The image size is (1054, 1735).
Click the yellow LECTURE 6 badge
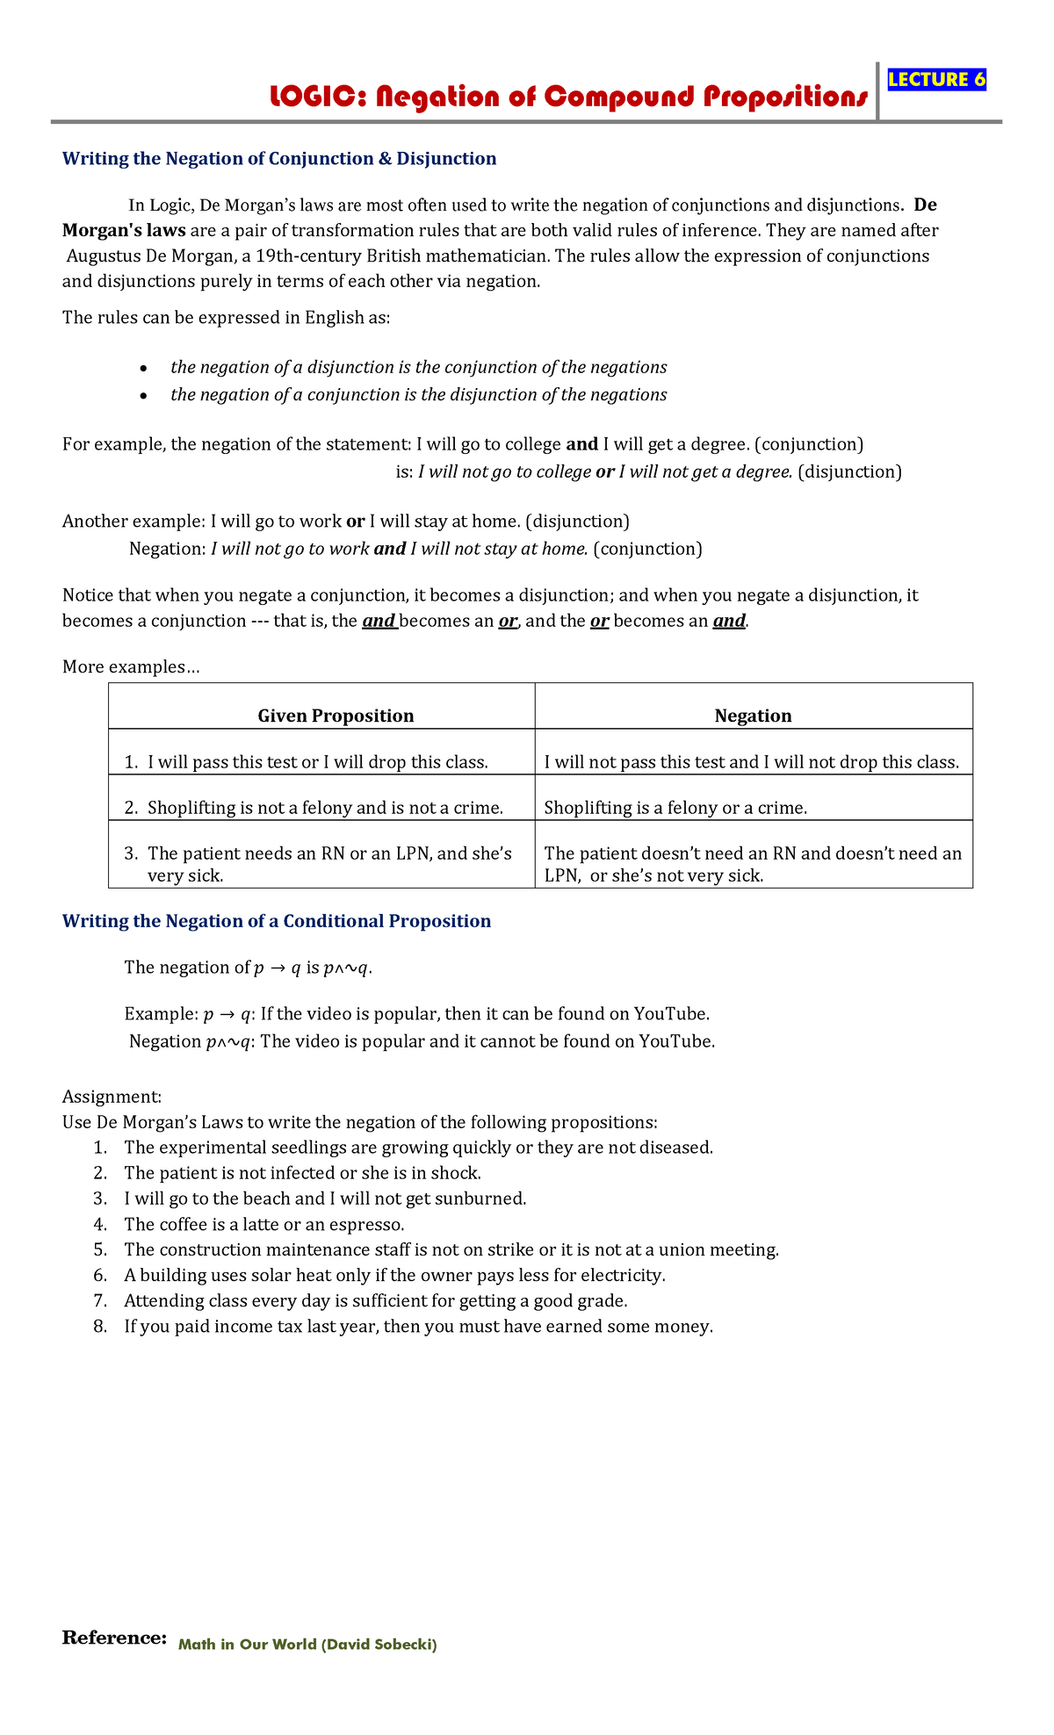936,80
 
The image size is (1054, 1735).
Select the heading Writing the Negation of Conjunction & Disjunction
278,159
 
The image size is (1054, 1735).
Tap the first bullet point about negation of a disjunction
418,367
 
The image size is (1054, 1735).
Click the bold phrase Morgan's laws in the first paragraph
124,231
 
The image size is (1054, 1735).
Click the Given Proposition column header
336,716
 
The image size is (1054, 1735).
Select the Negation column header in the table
753,716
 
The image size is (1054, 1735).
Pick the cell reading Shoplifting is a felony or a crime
675,808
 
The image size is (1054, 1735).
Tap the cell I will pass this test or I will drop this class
317,762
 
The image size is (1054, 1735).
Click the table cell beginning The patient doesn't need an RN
753,864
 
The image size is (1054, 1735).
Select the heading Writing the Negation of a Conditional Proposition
276,921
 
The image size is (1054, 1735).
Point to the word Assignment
112,1097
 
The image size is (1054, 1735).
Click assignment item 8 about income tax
418,1327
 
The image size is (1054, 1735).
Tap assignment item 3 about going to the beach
325,1199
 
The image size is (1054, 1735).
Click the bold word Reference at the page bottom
113,1638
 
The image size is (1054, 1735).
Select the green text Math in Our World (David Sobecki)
307,1645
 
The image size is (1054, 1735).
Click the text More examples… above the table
131,667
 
